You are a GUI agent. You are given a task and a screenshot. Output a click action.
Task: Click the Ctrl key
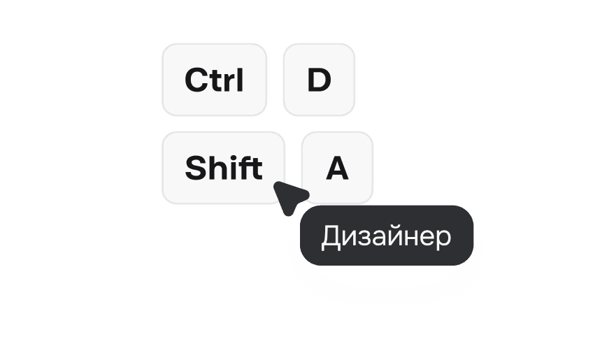pos(215,80)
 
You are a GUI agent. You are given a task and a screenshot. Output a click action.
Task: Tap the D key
pos(319,80)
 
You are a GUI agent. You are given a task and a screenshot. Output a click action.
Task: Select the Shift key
pos(223,168)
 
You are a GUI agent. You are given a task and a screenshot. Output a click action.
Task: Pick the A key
pos(337,168)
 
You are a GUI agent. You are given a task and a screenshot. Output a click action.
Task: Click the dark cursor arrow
pos(289,196)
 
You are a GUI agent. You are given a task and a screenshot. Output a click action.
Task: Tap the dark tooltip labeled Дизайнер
pos(387,236)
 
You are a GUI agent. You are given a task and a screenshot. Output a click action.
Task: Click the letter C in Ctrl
pos(197,80)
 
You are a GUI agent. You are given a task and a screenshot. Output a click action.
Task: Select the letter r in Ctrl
pos(229,82)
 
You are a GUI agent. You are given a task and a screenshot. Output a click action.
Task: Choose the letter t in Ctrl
pos(215,81)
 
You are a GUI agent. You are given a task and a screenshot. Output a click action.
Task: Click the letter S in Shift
pos(196,168)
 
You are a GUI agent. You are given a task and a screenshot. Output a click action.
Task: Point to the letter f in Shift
pos(243,168)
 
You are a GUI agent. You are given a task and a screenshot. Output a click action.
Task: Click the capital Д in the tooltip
pos(331,238)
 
